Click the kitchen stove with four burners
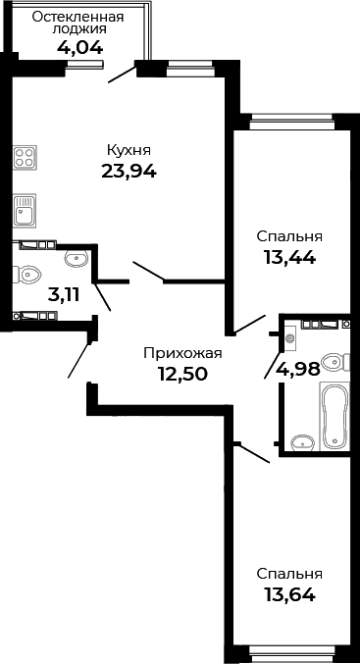pos(26,159)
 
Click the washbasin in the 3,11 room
pos(76,259)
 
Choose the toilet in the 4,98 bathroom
pos(334,363)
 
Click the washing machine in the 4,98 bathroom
pos(290,337)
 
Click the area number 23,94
pos(129,171)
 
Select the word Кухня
pos(129,150)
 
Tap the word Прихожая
pos(182,353)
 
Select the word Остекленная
pos(78,17)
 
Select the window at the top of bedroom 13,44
pos(289,123)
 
